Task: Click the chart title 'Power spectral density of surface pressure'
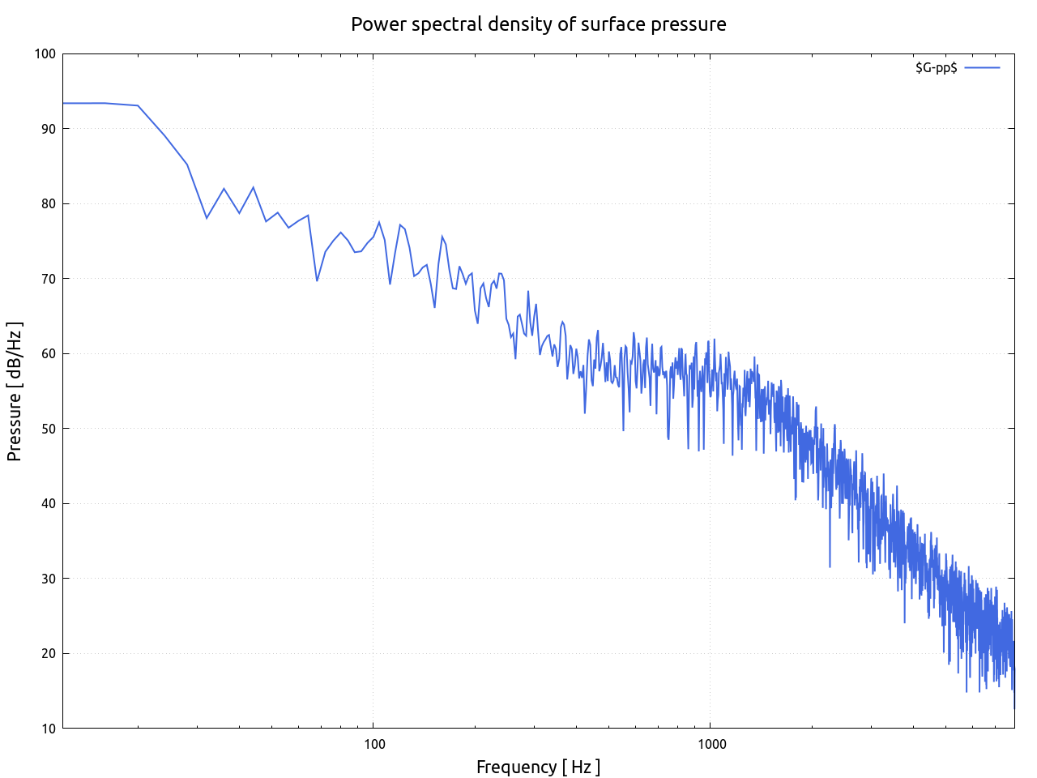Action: tap(538, 24)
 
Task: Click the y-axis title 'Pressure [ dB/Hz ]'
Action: tap(15, 391)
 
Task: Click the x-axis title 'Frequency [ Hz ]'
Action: tap(538, 767)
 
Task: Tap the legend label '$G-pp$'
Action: tap(936, 68)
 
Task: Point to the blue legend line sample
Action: tap(982, 68)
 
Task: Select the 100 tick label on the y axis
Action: tap(45, 54)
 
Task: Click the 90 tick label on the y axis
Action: tap(49, 129)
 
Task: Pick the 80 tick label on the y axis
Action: tap(49, 204)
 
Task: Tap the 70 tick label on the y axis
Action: tap(49, 279)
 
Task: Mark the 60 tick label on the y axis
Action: tap(49, 354)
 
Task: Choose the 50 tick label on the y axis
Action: tap(49, 429)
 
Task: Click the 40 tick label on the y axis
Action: tap(49, 504)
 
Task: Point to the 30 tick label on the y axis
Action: tap(49, 579)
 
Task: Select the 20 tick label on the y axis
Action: tap(49, 654)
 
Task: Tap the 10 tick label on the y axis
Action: tap(49, 729)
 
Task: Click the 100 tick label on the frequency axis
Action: tap(373, 745)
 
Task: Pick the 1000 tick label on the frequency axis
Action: tap(711, 745)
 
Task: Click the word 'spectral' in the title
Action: tap(446, 24)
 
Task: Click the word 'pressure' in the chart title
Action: tap(693, 24)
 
